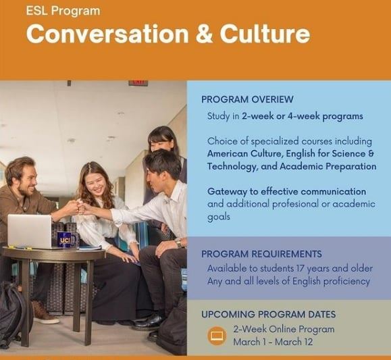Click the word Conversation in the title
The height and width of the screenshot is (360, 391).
click(x=107, y=34)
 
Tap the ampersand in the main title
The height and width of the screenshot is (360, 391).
click(x=204, y=34)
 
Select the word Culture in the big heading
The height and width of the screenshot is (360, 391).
click(x=265, y=34)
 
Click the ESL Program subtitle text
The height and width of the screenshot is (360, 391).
click(x=63, y=11)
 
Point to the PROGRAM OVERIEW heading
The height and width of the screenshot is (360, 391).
click(x=247, y=99)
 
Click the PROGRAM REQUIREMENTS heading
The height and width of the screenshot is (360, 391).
click(x=261, y=254)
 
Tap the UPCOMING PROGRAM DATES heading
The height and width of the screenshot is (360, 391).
click(x=269, y=314)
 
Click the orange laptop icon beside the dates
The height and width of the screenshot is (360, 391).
click(x=217, y=336)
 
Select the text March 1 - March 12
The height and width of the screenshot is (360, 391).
click(x=273, y=342)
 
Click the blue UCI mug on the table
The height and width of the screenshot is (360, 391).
click(x=66, y=240)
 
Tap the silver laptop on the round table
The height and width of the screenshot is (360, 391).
click(x=30, y=232)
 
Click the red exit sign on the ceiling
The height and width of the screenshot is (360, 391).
click(x=138, y=83)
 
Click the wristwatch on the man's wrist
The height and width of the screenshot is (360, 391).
click(x=178, y=242)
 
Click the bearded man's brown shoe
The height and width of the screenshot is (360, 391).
click(x=45, y=315)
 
